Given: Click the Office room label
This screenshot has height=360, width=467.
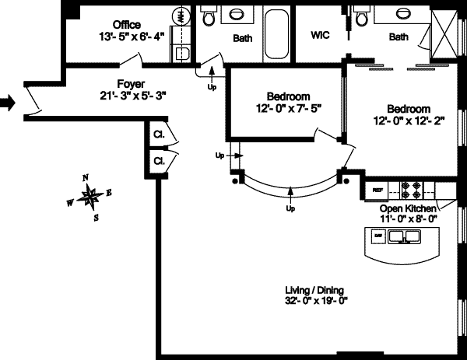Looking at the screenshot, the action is [x=127, y=24].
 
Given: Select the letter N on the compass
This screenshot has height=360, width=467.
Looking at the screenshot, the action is [x=86, y=177].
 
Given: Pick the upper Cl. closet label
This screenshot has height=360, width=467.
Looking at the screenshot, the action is [x=158, y=134].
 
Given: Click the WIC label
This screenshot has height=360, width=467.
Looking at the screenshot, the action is [x=321, y=35].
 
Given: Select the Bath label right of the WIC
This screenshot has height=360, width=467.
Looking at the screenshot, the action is [x=399, y=37].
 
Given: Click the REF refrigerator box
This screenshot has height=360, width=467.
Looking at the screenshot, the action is [x=378, y=190].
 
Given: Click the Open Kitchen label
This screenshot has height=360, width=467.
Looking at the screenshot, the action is [x=409, y=209].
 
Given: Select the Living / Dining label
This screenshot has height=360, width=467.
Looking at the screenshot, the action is [x=315, y=291].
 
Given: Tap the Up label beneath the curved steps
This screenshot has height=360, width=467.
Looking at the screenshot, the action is [x=291, y=208].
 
